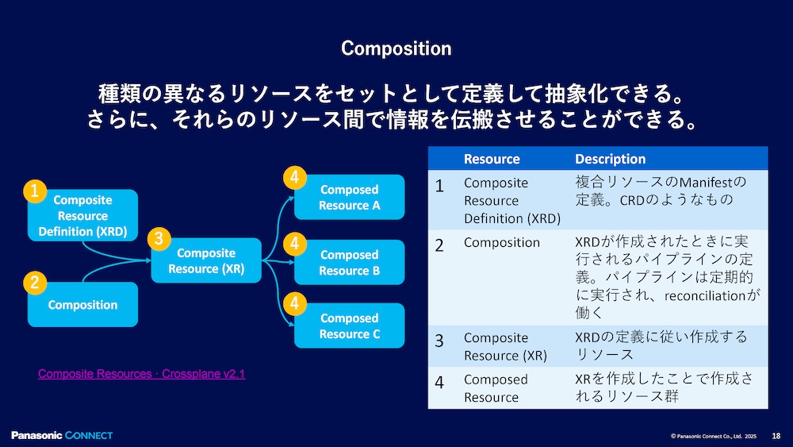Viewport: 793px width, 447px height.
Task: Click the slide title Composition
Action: coord(396,48)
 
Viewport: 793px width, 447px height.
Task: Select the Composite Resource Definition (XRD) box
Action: coord(82,216)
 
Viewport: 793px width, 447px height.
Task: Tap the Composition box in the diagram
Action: coord(82,305)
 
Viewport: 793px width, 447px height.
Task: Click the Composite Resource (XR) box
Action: coord(206,261)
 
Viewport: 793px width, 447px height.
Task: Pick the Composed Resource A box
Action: coord(349,198)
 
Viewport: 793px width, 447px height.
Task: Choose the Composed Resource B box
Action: coord(349,263)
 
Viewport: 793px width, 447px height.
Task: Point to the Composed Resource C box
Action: coord(349,326)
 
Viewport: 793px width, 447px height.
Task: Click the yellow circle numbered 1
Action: coord(34,191)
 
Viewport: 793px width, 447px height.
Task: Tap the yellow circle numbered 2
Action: coord(34,282)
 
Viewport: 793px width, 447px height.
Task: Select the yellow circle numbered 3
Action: coord(159,238)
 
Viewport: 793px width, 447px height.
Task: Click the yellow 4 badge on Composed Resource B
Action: coord(294,242)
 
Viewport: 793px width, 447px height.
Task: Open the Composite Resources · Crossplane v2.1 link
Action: coord(141,373)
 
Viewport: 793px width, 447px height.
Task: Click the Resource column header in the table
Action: coord(492,159)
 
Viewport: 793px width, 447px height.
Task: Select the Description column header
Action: coord(610,159)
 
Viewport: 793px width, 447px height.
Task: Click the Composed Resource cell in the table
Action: coord(496,388)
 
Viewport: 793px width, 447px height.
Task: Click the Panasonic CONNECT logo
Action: coord(62,435)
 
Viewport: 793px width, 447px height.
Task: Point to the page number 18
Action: coord(776,436)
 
